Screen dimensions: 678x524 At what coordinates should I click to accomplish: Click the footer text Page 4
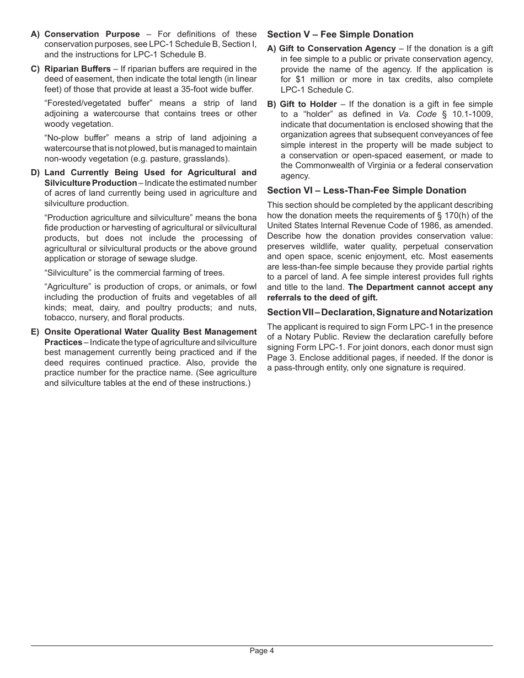coord(261,650)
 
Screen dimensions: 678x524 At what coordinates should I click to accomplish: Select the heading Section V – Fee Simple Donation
coord(340,34)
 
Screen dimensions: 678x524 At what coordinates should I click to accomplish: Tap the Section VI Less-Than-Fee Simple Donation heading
coord(366,190)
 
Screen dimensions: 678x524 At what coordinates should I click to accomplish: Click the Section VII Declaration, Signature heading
coord(379,312)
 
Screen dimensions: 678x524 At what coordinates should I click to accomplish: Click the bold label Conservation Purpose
coord(92,34)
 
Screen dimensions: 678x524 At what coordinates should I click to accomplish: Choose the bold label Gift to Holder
coord(308,104)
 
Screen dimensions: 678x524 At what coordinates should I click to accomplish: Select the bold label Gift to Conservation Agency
coord(337,49)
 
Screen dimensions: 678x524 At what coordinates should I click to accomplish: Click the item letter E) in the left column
coord(35,332)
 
